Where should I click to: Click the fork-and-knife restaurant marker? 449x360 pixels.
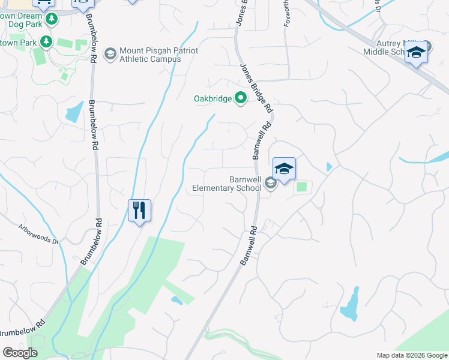[x=139, y=211]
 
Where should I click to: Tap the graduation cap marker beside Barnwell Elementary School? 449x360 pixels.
[x=284, y=169]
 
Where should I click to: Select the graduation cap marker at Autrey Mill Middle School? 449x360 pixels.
[x=416, y=53]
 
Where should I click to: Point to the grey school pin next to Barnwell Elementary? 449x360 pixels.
[x=270, y=184]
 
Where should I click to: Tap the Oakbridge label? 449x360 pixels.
[x=212, y=98]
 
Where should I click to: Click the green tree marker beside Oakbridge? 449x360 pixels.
[x=241, y=98]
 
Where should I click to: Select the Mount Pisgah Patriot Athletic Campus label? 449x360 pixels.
[x=150, y=55]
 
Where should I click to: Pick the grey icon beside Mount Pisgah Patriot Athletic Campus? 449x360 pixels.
[x=110, y=55]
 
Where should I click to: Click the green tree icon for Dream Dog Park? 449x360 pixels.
[x=52, y=19]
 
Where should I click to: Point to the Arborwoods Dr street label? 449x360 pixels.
[x=38, y=235]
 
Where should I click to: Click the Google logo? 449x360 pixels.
[x=20, y=353]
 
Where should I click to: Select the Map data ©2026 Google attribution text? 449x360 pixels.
[x=411, y=355]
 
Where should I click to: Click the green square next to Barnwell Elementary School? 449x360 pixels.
[x=302, y=187]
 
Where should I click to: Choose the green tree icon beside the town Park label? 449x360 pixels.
[x=46, y=42]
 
